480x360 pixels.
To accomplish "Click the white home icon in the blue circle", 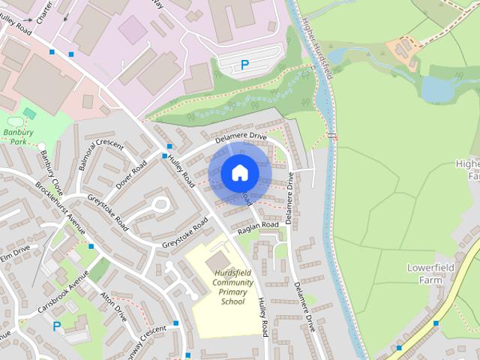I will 238,172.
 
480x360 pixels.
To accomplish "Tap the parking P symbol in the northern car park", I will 244,65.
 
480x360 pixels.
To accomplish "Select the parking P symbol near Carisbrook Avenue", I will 56,326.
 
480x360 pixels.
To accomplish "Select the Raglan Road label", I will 258,229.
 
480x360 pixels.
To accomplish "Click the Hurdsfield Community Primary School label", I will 232,286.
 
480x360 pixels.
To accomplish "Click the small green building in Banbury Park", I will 30,113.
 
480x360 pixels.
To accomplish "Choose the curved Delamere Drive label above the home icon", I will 240,136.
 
